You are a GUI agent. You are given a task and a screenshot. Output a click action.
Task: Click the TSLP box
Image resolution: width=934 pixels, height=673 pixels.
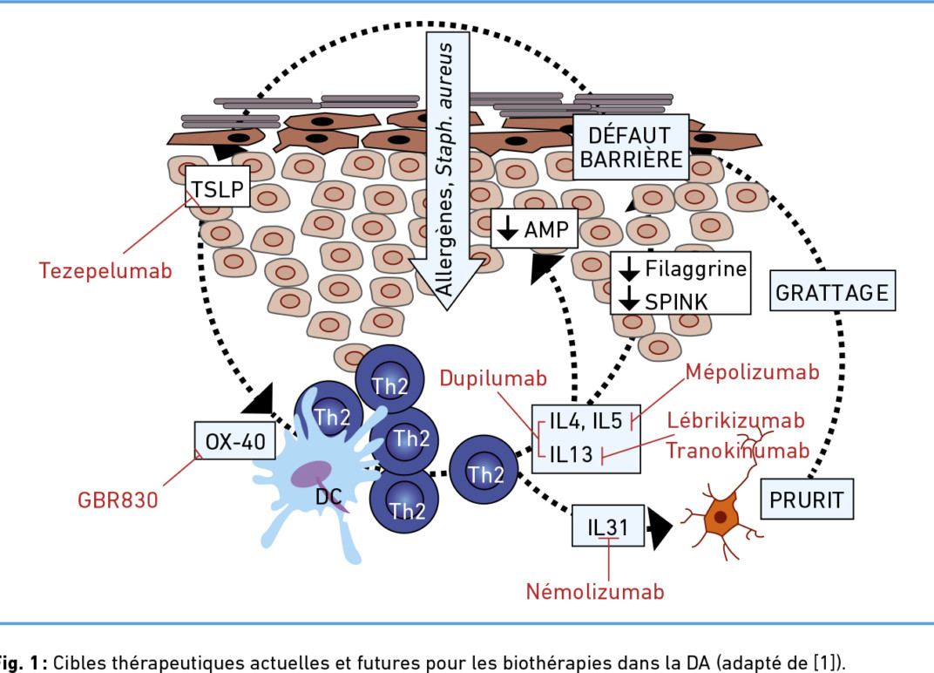pos(218,187)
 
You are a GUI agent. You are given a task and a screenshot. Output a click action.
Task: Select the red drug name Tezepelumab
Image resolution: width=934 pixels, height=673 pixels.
pos(105,270)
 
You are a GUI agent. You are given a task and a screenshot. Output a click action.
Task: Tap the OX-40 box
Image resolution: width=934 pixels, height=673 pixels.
pos(235,441)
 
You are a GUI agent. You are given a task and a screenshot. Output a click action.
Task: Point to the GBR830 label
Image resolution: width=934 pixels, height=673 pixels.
pos(118,500)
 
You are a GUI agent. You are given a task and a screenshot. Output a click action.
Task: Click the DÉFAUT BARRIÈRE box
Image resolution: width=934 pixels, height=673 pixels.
pos(631,147)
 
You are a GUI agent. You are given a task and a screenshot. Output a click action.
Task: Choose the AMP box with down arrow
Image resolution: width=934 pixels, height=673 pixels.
pos(534,228)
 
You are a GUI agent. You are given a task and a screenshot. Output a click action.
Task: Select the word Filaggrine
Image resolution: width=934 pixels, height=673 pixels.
pos(696,269)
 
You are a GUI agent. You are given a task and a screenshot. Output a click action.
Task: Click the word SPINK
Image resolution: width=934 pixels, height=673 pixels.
pos(676,302)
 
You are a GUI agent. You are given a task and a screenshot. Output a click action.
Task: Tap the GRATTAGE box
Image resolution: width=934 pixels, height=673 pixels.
pos(832,291)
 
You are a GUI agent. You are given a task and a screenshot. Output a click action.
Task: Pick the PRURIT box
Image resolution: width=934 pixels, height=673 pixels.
pos(807,499)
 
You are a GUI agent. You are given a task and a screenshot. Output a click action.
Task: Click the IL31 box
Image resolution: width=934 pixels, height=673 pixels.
pos(608,526)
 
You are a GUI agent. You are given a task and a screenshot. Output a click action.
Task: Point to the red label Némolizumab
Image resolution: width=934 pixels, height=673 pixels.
pos(595,591)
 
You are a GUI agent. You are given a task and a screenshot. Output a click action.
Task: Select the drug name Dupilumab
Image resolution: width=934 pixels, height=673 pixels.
pos(493,378)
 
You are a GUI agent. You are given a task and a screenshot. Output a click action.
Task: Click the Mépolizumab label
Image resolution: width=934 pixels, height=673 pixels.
pos(752,372)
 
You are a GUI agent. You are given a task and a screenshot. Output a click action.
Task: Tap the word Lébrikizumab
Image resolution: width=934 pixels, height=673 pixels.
pos(735,420)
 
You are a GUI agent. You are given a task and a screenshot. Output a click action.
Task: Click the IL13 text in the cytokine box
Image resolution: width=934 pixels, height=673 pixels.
pos(572,454)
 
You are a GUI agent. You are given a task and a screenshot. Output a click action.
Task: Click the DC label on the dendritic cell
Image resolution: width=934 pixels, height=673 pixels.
pos(328,496)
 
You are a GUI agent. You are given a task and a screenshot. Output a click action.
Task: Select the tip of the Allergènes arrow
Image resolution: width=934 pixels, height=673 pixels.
pos(447,310)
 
